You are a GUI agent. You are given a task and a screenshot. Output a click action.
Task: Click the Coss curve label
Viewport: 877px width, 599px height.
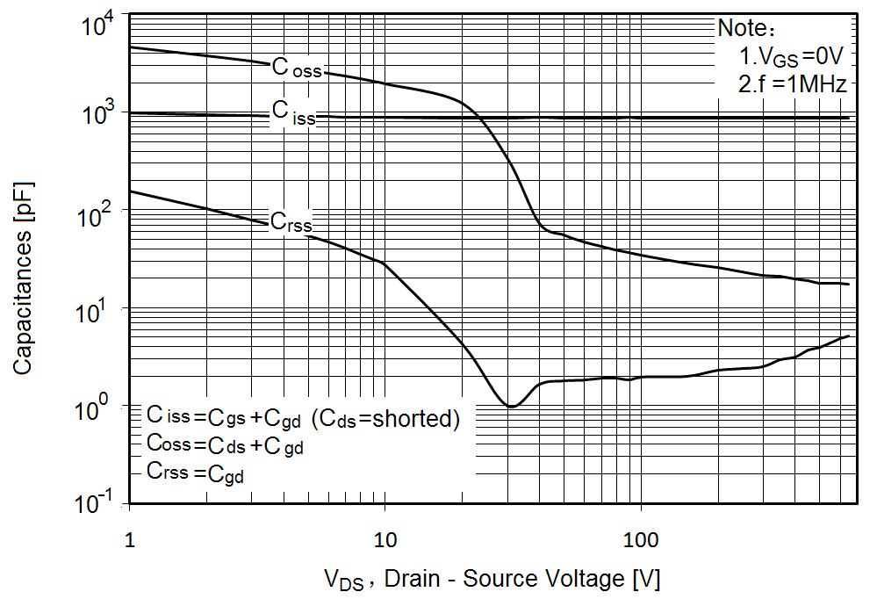296,69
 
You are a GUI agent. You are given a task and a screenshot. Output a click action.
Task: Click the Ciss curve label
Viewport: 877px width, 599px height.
292,112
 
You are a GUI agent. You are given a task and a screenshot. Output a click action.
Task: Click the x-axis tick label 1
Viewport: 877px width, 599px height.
130,535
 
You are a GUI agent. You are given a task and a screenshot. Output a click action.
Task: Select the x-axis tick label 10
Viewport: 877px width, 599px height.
385,535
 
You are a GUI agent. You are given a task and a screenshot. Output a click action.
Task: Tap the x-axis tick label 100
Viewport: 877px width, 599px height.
641,535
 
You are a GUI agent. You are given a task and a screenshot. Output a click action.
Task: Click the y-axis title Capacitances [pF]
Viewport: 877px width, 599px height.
24,263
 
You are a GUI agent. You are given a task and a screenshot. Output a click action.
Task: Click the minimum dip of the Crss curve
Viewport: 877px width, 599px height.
511,407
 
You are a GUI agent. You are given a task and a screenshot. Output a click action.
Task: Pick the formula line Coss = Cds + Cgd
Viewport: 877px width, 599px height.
226,446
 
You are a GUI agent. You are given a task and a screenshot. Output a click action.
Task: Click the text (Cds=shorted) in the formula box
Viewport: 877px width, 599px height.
385,418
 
